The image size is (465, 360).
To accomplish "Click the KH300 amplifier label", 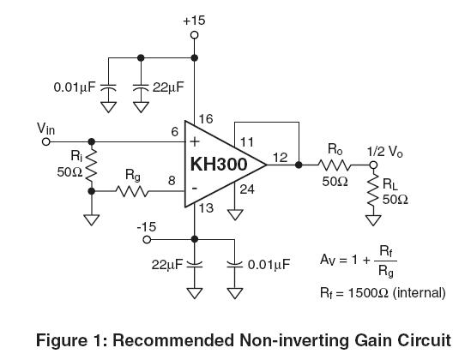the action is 219,164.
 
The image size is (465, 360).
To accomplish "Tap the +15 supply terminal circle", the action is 194,35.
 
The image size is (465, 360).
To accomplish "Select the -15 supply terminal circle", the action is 147,239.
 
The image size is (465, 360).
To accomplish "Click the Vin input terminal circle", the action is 46,142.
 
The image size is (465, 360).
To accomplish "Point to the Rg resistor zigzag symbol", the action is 131,191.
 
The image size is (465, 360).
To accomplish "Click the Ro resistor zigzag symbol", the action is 335,165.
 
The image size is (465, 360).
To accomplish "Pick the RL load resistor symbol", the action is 373,190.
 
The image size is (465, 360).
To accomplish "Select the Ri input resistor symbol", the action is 92,165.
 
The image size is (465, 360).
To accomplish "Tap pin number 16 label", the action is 206,119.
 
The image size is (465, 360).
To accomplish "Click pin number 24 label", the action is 247,189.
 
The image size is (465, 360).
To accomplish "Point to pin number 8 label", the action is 172,181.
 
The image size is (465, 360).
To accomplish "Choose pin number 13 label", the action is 206,208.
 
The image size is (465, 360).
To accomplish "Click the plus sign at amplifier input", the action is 195,142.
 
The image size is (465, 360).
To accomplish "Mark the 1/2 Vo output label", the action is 385,152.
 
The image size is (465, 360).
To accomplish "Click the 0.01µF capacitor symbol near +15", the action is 108,87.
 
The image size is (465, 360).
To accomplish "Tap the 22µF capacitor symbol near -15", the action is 195,265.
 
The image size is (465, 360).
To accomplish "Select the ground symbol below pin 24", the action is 235,215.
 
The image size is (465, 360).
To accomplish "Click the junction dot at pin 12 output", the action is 299,165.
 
